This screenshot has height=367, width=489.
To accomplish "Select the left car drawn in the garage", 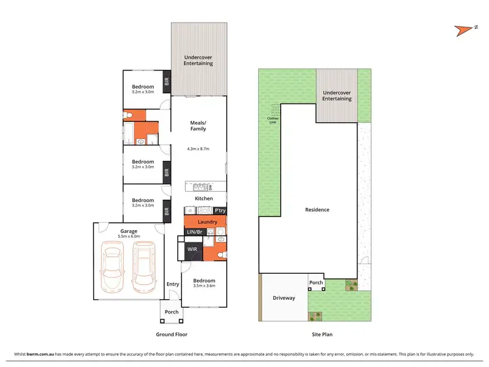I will (x=113, y=268).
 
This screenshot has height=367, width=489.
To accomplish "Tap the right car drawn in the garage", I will (x=144, y=268).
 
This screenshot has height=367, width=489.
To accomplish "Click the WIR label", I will (x=192, y=249).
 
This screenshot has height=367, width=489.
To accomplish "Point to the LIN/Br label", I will (x=195, y=232).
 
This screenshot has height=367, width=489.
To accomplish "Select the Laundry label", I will (x=207, y=222).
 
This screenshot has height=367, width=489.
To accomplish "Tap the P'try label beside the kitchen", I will (x=220, y=211).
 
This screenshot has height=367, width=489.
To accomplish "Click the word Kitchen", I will (x=204, y=198).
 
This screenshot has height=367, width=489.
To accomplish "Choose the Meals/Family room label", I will (x=198, y=125).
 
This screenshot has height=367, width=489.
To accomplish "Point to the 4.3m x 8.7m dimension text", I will (x=198, y=148).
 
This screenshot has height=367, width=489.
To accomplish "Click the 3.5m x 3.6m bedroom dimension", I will (x=205, y=286).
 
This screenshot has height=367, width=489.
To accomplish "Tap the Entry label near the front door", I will (x=173, y=284).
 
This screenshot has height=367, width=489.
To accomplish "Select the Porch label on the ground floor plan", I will (x=171, y=312).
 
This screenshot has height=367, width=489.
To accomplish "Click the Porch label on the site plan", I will (x=316, y=283).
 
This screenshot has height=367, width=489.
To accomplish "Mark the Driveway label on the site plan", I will (x=284, y=298).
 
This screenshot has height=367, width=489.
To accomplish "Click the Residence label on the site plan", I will (x=318, y=210).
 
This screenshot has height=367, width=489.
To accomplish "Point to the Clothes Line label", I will (x=272, y=119).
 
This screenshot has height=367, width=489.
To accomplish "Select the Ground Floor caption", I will (x=172, y=334).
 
